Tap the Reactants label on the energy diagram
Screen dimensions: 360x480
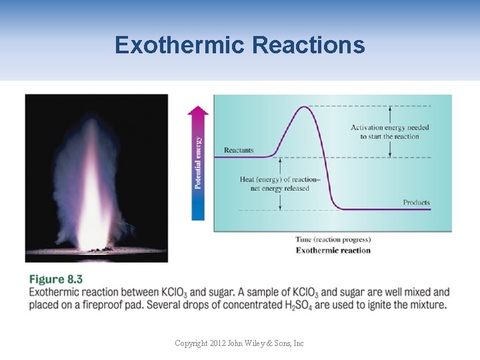click(x=239, y=150)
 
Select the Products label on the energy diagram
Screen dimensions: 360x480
click(x=416, y=202)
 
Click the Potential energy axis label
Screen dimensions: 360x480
click(x=198, y=162)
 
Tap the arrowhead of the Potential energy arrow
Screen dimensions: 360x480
click(x=198, y=111)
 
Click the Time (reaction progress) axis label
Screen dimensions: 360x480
click(x=333, y=239)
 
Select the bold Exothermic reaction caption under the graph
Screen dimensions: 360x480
click(x=333, y=250)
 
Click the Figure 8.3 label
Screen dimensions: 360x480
click(x=56, y=279)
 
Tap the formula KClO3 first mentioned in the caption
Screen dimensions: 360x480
click(x=178, y=293)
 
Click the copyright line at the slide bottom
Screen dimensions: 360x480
click(x=239, y=343)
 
